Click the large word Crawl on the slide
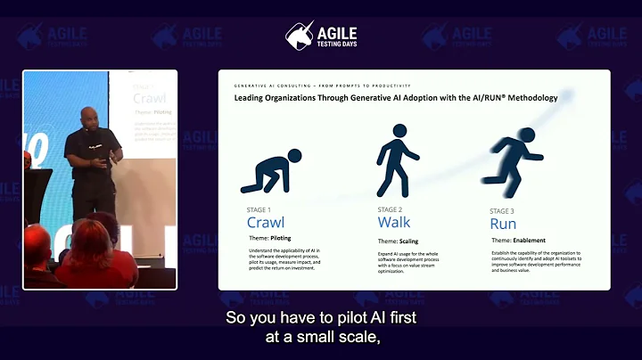click(266, 223)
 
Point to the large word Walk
click(394, 222)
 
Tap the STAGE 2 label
click(391, 210)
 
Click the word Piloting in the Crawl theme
click(282, 239)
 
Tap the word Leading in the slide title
click(252, 98)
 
